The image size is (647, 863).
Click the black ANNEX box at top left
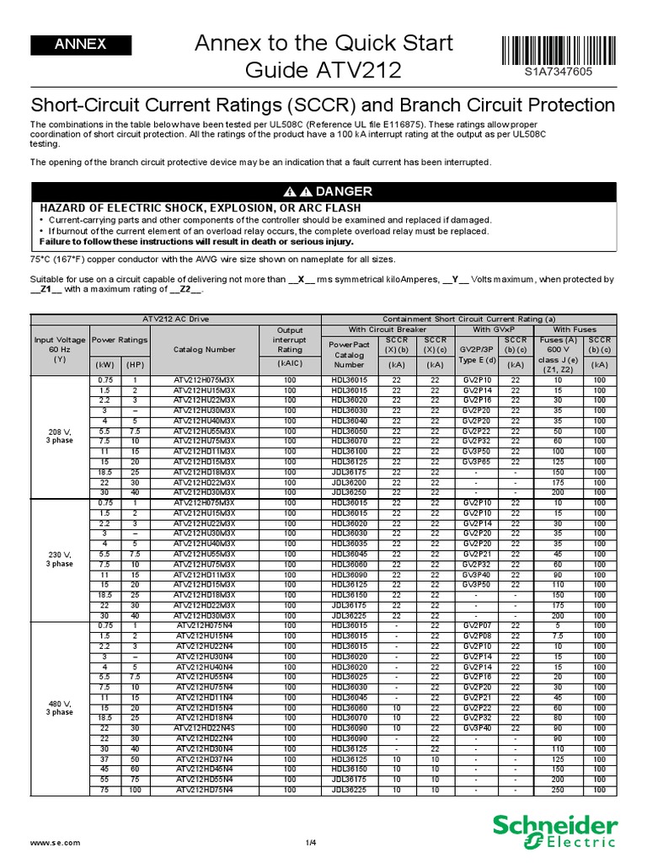pos(80,45)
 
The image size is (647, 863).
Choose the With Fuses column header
pos(573,329)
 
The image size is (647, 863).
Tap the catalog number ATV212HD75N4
pos(206,790)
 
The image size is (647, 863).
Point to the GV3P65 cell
pos(477,463)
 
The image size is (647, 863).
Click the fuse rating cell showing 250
pos(557,790)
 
